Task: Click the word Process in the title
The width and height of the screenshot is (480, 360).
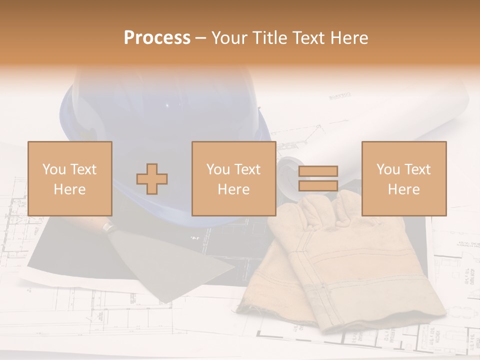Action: click(x=157, y=38)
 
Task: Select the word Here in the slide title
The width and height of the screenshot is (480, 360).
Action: click(x=348, y=38)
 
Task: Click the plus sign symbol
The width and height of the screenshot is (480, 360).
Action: click(x=152, y=179)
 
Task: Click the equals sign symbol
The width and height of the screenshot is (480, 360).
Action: click(x=318, y=178)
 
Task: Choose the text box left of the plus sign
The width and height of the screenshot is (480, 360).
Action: click(x=70, y=178)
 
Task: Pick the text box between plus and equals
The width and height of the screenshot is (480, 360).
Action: click(x=234, y=178)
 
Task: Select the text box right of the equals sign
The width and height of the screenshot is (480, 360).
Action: click(x=404, y=178)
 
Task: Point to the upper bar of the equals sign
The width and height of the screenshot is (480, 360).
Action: click(x=318, y=171)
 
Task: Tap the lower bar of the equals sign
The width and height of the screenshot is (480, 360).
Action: click(x=318, y=185)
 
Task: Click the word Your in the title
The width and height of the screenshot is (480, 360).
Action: click(x=229, y=38)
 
